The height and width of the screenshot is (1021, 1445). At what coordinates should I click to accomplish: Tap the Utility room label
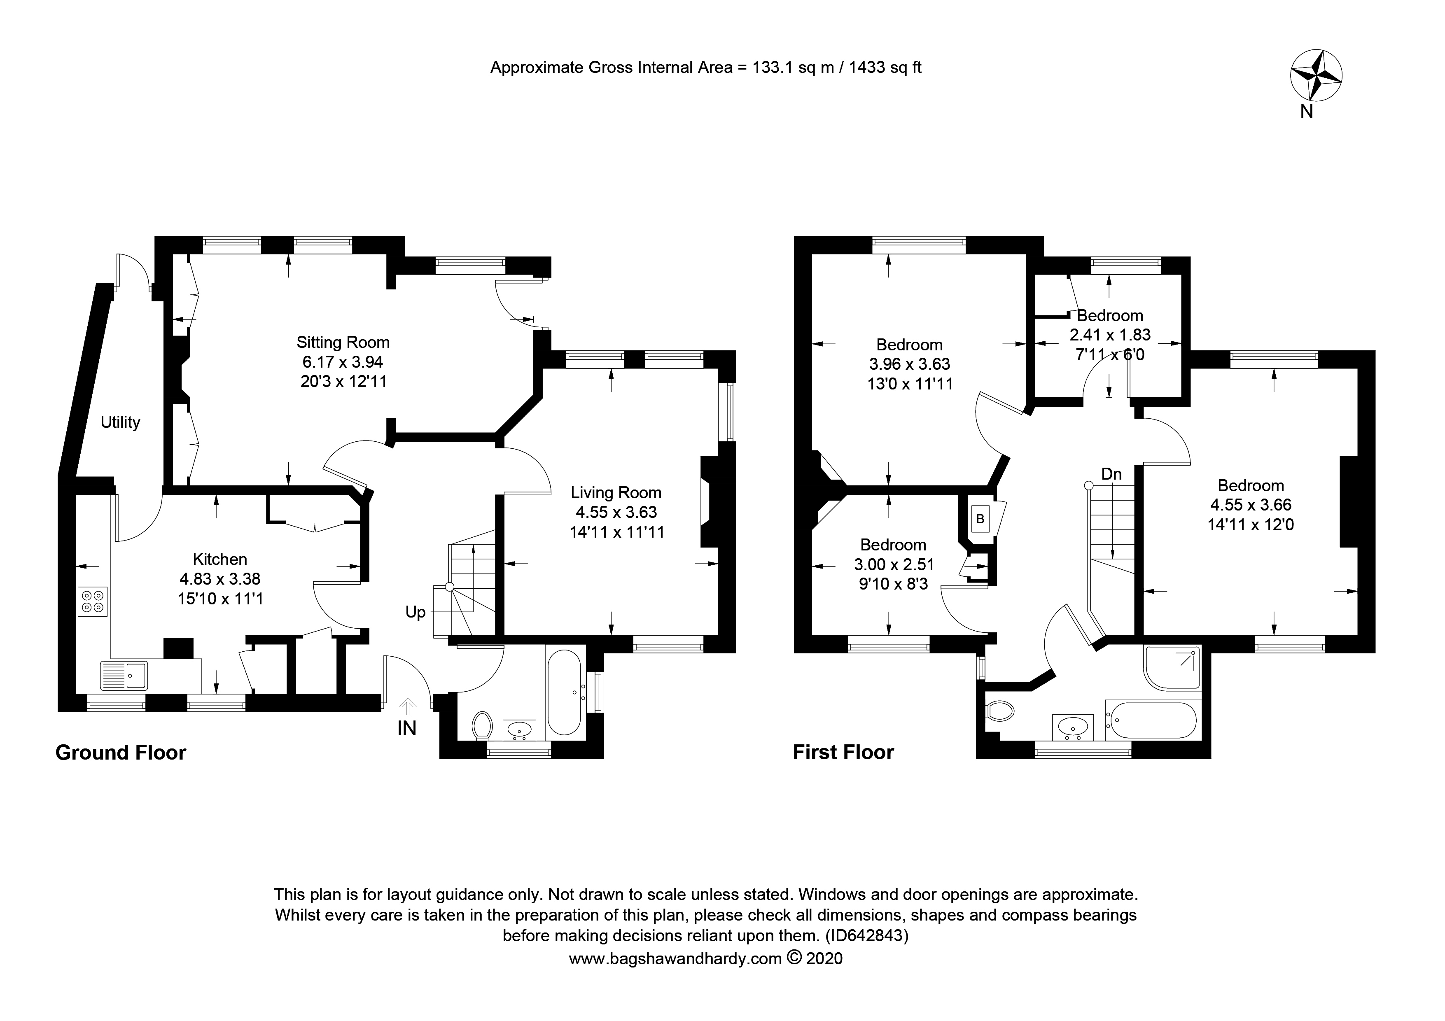point(120,422)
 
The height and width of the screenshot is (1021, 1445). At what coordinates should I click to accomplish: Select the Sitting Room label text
point(343,342)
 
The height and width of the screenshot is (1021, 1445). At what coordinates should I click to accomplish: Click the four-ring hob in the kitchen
point(93,601)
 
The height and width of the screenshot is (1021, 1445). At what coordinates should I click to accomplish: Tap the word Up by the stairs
point(416,613)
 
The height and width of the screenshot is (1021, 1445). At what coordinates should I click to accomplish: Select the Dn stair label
point(1111,474)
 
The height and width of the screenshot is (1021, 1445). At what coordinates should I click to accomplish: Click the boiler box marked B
point(980,519)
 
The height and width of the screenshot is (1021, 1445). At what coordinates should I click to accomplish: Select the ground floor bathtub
point(565,692)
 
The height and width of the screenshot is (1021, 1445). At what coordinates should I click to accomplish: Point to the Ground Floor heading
point(121,753)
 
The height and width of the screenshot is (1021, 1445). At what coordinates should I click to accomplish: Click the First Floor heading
point(843,753)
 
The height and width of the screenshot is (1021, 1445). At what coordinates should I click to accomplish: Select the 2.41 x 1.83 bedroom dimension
point(1110,335)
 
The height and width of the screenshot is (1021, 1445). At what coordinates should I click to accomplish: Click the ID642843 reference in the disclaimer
point(867,935)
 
